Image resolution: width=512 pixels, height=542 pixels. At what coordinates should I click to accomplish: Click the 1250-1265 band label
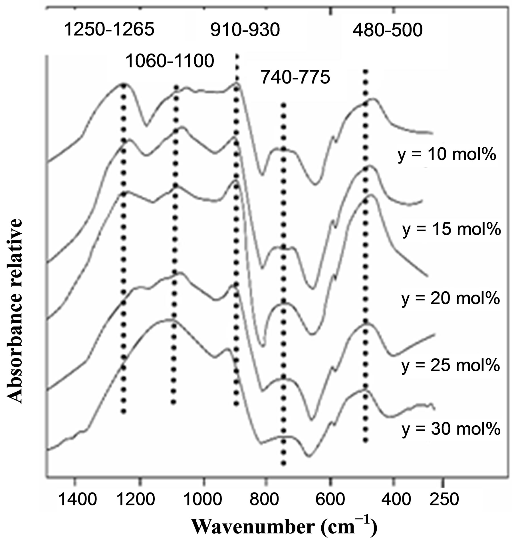(110, 30)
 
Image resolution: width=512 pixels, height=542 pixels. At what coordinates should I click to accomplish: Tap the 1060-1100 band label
(170, 61)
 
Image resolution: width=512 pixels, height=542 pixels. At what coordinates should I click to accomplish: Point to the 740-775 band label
(295, 77)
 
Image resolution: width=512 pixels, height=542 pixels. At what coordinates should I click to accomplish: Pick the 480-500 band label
(387, 31)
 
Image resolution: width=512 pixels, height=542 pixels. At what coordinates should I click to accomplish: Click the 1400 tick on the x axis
(78, 499)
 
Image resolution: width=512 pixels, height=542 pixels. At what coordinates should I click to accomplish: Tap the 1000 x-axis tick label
(203, 499)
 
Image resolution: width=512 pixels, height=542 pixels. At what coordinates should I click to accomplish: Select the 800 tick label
(267, 499)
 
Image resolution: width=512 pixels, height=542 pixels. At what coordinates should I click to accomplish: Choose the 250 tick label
(443, 499)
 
